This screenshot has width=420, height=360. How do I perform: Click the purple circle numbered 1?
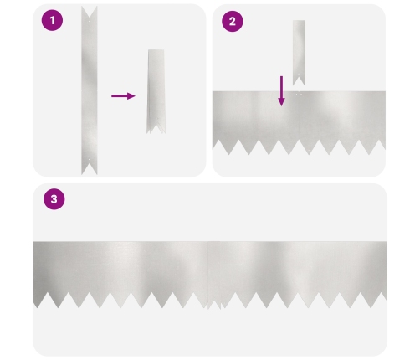52,20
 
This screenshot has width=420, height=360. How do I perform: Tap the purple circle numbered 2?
233,21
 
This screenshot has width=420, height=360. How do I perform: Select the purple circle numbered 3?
54,199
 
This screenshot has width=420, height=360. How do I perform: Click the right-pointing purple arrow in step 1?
123,96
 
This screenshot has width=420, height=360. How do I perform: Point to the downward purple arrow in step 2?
282,91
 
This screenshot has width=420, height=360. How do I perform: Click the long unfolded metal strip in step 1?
90,90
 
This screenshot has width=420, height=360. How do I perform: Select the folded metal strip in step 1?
156,91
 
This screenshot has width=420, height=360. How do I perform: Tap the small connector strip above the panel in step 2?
299,53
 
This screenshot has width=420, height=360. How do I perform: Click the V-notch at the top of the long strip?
90,12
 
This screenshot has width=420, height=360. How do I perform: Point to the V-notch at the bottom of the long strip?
90,169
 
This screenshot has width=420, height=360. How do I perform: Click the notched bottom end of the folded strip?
156,128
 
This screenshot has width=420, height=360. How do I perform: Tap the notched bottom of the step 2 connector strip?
299,81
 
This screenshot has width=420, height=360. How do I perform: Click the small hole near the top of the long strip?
90,21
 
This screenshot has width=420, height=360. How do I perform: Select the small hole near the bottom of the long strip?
90,160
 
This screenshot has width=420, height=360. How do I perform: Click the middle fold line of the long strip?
90,90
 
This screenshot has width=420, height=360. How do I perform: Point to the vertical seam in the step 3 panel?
207,275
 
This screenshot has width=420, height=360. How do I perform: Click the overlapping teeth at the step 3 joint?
215,305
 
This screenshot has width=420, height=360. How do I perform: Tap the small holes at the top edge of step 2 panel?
299,95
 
